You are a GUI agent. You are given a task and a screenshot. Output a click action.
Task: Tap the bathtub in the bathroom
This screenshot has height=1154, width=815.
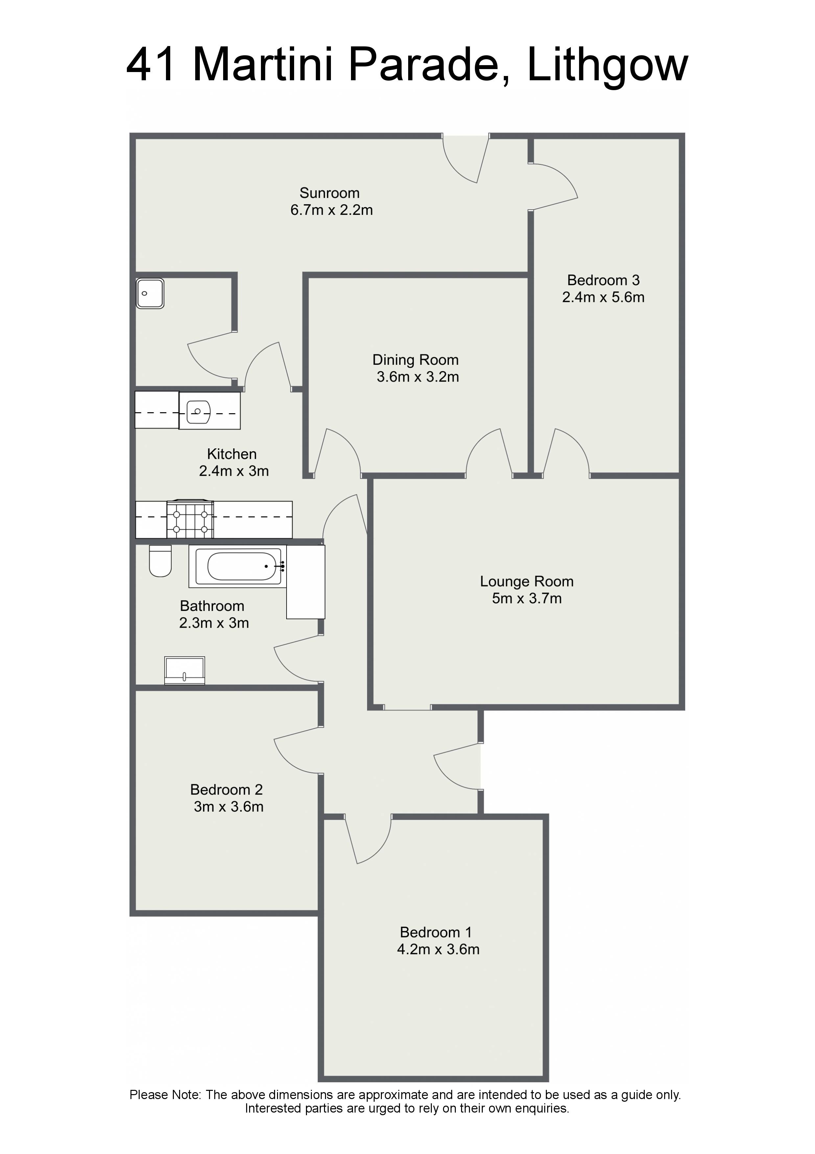pyautogui.click(x=238, y=566)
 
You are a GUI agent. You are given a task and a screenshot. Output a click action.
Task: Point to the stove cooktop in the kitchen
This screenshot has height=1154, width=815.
pyautogui.click(x=190, y=519)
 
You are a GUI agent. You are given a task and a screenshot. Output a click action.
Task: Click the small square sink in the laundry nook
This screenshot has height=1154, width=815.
pyautogui.click(x=150, y=293)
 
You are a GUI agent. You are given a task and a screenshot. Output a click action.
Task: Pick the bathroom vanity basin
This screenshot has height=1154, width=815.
pyautogui.click(x=185, y=670)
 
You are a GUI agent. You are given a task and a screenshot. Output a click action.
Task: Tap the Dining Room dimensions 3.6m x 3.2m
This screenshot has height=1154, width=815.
pyautogui.click(x=418, y=377)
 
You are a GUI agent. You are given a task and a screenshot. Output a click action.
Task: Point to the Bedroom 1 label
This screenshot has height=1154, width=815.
pyautogui.click(x=436, y=932)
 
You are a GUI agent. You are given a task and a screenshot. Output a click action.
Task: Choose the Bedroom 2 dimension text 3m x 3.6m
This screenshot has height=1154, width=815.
pyautogui.click(x=228, y=807)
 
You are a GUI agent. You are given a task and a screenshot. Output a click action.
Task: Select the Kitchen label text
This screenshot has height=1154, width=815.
pyautogui.click(x=232, y=454)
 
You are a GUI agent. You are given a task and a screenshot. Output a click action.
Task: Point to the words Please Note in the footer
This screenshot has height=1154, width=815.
pyautogui.click(x=165, y=1095)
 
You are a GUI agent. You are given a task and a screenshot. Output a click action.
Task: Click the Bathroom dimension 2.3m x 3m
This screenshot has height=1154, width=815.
pyautogui.click(x=214, y=623)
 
